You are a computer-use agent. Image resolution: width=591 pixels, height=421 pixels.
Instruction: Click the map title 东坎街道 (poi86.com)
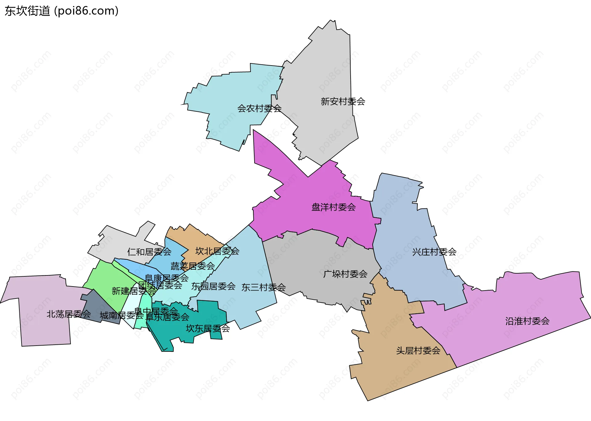pos(62,11)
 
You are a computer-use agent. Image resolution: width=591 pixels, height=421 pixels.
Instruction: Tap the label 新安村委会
pos(343,101)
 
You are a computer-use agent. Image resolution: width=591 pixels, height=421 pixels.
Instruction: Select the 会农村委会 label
pos(259,108)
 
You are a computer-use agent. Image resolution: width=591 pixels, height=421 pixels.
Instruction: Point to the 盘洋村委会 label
pos(333,207)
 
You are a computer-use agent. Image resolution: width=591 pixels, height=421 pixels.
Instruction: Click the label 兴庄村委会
pos(434,252)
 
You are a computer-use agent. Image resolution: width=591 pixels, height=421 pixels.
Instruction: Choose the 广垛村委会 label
pos(345,274)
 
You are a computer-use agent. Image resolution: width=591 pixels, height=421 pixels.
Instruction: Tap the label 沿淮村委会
pos(527,321)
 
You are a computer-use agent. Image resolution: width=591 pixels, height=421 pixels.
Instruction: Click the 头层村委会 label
pos(418,351)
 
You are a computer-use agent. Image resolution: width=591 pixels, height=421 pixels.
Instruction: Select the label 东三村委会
pos(263,287)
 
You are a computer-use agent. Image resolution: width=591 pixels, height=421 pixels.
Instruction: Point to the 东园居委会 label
pos(213,287)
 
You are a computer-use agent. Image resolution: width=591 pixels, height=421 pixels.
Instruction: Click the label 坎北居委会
pos(217,251)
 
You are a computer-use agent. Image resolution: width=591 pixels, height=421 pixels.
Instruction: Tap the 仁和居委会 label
pos(149,252)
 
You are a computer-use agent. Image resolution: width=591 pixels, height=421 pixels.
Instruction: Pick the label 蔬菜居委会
pos(193,266)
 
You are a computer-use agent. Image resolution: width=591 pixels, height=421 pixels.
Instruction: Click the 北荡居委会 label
pos(69,314)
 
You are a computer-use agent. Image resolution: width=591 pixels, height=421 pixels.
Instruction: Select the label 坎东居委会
pos(208,329)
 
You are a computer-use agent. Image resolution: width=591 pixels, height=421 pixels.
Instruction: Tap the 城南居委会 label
pos(122,315)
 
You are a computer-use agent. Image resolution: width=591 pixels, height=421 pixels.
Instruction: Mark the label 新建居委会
pos(129,291)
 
